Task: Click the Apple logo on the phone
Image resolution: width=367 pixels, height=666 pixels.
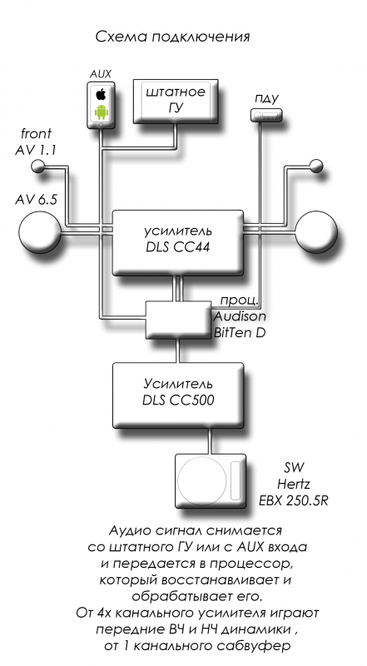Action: pos(101,93)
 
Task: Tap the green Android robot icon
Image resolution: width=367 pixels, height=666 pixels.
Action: pos(101,112)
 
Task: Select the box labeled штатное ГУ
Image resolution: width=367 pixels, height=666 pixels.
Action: pos(176,101)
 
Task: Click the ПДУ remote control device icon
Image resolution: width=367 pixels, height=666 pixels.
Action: pos(266,115)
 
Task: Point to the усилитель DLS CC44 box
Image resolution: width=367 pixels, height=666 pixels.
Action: pos(177,242)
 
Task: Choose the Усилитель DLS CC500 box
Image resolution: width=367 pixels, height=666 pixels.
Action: pos(178,395)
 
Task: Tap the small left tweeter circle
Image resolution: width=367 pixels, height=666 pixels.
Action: pos(38,166)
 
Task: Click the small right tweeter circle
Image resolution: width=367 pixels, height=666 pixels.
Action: pos(316,166)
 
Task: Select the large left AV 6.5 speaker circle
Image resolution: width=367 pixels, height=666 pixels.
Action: pos(40,231)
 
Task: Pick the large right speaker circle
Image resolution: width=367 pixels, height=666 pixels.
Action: pos(316,231)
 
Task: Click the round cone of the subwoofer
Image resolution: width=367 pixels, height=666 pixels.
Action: pos(201,481)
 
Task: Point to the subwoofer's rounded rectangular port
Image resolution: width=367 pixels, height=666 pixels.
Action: pos(236,481)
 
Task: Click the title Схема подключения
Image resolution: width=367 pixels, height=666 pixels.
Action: pos(172,37)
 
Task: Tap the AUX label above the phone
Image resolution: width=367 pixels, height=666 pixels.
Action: pos(101,74)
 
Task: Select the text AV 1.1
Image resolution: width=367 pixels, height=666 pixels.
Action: pos(36,151)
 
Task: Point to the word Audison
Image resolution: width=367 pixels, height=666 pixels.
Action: pos(240,316)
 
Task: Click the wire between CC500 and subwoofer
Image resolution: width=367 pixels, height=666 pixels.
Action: pos(209,441)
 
